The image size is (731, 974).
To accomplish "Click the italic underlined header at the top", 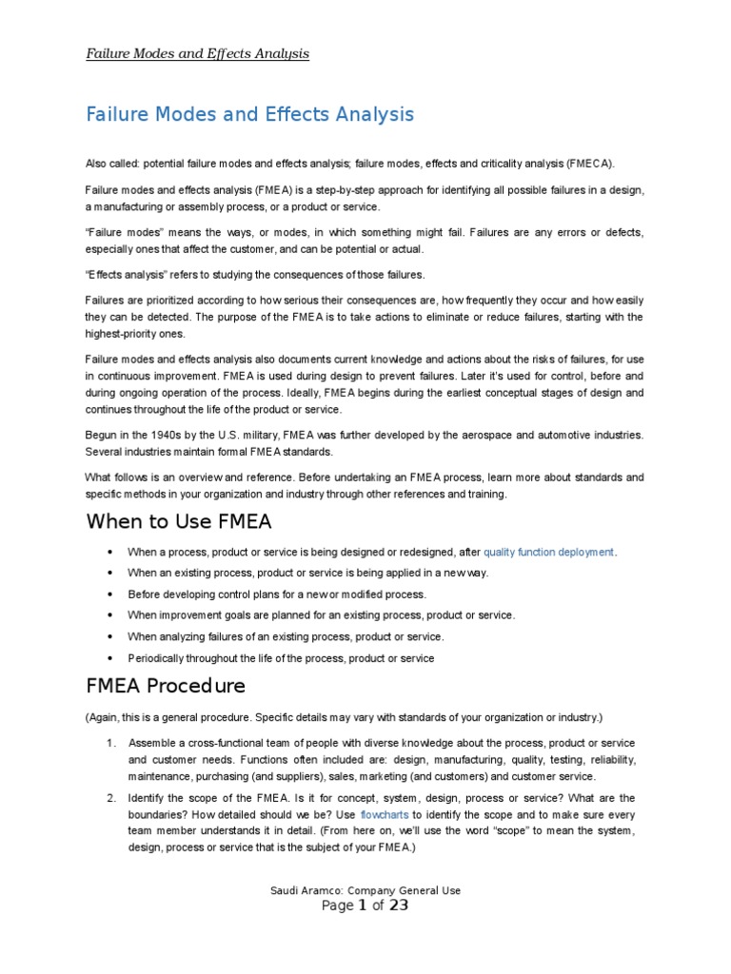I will (x=198, y=53).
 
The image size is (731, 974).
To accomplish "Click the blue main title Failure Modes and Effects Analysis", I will (x=250, y=115).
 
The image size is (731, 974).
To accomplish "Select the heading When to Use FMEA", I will (x=179, y=521).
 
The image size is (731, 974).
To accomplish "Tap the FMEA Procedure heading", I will (x=166, y=686).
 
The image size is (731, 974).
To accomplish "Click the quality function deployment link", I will (x=549, y=552).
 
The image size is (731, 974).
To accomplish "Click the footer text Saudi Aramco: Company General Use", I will (x=365, y=890).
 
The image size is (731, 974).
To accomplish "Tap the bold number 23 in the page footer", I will (x=397, y=906).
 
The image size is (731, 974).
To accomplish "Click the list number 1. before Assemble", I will (x=111, y=742).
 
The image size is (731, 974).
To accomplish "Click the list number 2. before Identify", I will (x=111, y=798).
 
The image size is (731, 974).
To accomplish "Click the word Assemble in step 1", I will (x=152, y=742).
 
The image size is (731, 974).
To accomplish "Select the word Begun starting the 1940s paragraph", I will (x=100, y=435).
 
